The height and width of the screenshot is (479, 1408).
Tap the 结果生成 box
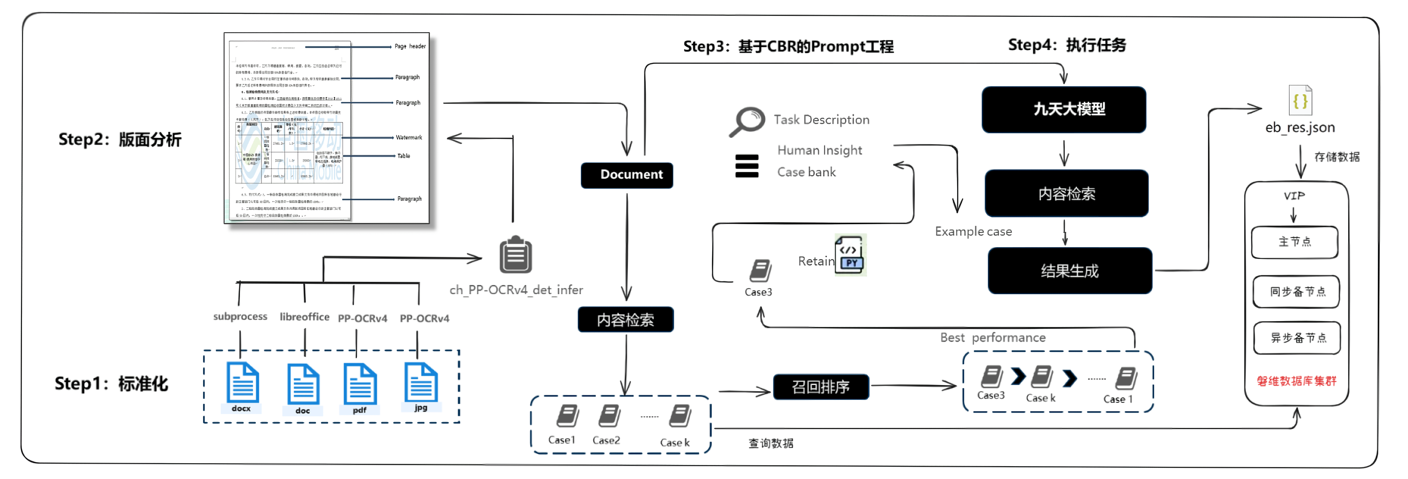pos(1070,271)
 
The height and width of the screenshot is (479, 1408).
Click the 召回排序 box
pos(820,387)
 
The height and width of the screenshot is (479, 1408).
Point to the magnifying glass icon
pos(747,121)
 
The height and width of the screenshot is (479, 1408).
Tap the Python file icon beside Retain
pos(851,255)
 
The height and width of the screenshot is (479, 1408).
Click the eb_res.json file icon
pos(1300,101)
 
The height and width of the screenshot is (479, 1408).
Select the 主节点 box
pos(1294,242)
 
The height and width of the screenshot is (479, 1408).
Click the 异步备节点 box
pos(1297,338)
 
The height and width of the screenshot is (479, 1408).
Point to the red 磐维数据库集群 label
pos(1297,381)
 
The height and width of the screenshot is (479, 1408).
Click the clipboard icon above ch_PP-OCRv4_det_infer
pos(516,255)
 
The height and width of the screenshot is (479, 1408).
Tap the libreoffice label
pos(304,317)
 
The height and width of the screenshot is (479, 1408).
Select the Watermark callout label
pos(409,137)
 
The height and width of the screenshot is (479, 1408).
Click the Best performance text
pos(992,338)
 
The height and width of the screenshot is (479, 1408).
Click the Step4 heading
pos(1067,45)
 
